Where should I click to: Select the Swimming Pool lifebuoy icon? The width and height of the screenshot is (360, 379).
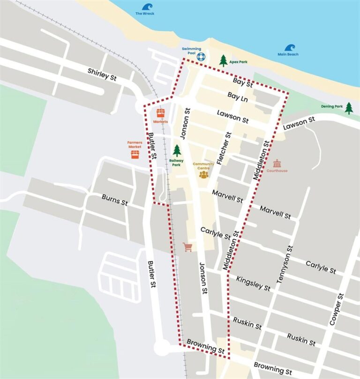click(201, 57)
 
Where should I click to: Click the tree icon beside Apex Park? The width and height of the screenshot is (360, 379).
click(224, 60)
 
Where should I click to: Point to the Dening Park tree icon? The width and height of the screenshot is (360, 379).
click(349, 108)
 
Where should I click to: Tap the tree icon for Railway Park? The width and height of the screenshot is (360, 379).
click(177, 150)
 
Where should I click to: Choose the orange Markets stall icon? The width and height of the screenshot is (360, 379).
click(160, 113)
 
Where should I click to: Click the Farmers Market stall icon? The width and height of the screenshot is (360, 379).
click(135, 154)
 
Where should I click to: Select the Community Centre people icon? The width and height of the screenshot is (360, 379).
click(203, 174)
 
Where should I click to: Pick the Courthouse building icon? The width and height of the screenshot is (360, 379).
click(277, 164)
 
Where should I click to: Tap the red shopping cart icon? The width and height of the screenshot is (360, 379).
click(188, 247)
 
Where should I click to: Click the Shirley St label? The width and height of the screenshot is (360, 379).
click(102, 74)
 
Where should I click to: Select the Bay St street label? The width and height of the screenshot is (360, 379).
click(243, 83)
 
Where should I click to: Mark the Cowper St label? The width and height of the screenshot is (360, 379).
click(337, 309)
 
